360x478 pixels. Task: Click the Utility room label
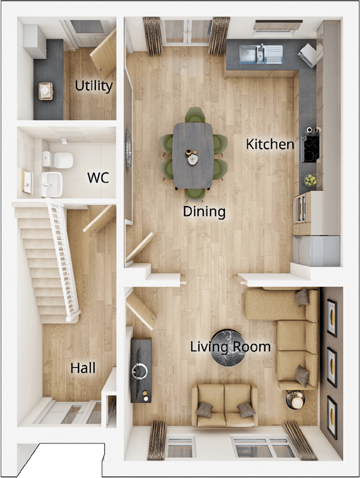94,86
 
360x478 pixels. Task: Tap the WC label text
98,178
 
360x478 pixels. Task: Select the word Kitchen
270,144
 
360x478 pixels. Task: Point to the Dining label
203,212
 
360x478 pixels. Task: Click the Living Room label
230,347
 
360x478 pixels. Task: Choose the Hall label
83,368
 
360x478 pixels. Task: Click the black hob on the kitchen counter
311,149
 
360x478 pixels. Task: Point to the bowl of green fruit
311,180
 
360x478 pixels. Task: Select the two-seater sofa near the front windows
225,405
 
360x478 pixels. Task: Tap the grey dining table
192,155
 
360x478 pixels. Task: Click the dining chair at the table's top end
195,115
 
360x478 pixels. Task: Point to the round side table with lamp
295,400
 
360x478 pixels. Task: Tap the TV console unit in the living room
141,370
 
